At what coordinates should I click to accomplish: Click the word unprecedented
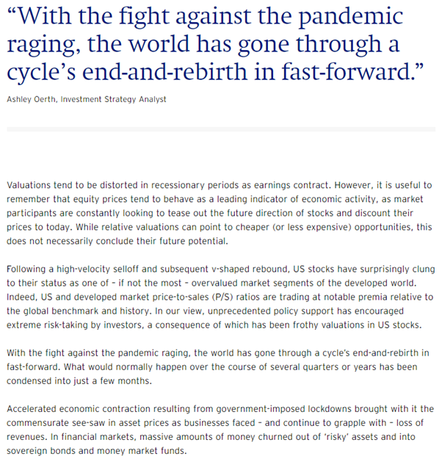[208, 313]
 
